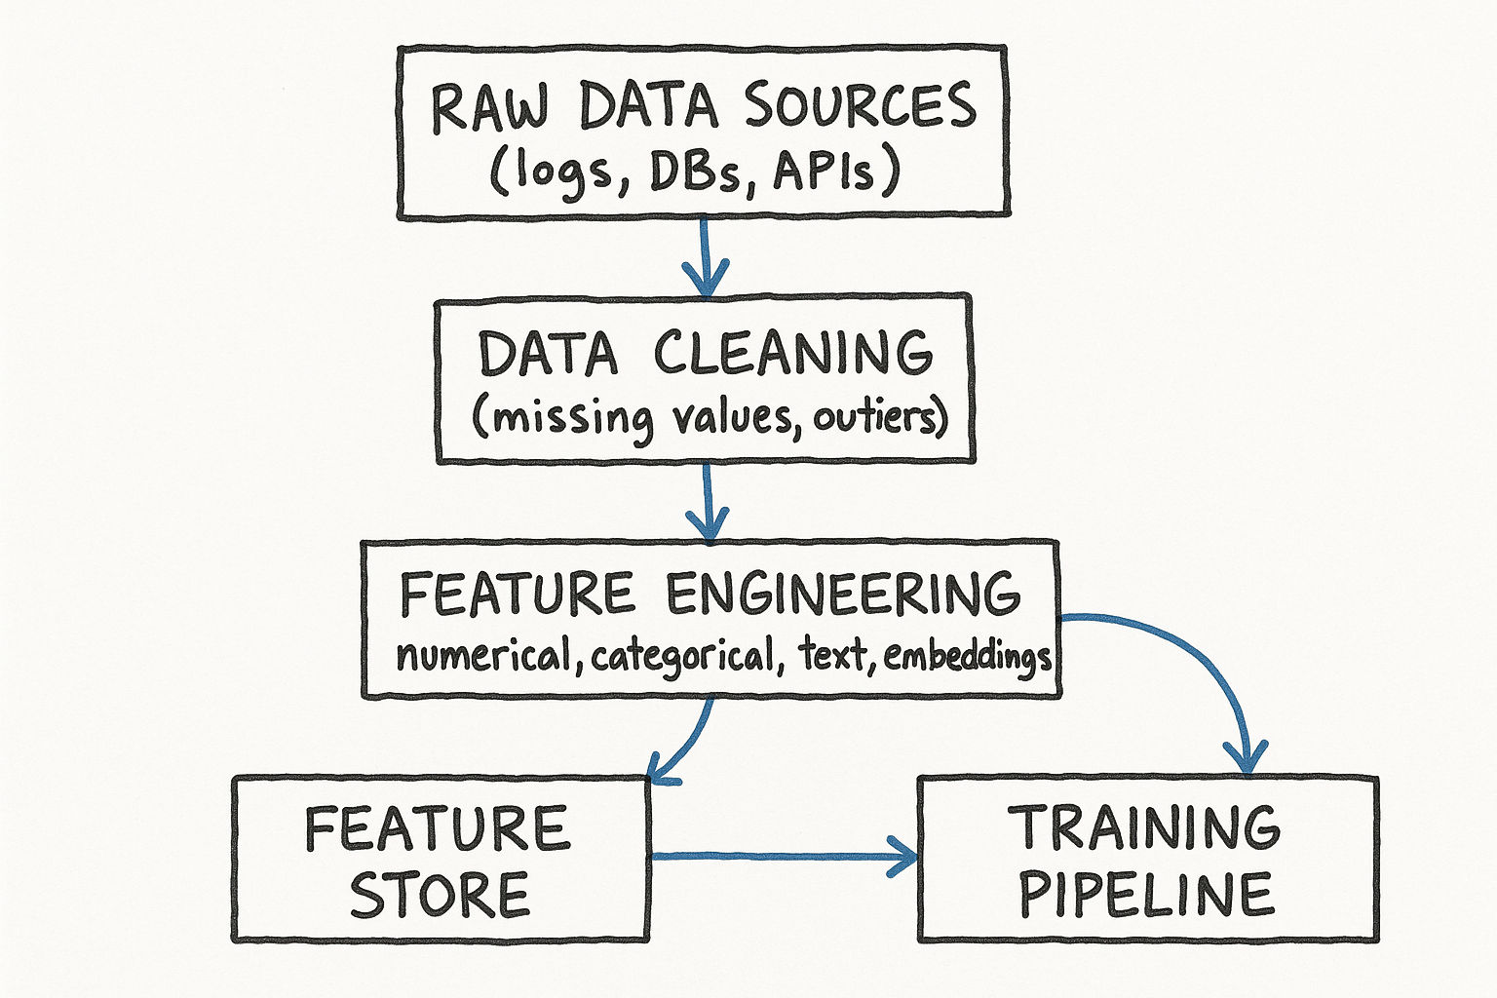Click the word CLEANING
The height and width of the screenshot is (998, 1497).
(x=793, y=354)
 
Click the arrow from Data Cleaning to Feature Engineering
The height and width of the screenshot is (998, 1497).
(x=709, y=501)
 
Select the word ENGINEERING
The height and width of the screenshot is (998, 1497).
(x=844, y=595)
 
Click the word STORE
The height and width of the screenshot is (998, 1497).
(x=440, y=895)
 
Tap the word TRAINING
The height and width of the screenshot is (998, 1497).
(x=1146, y=827)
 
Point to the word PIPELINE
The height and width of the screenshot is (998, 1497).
(x=1146, y=895)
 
